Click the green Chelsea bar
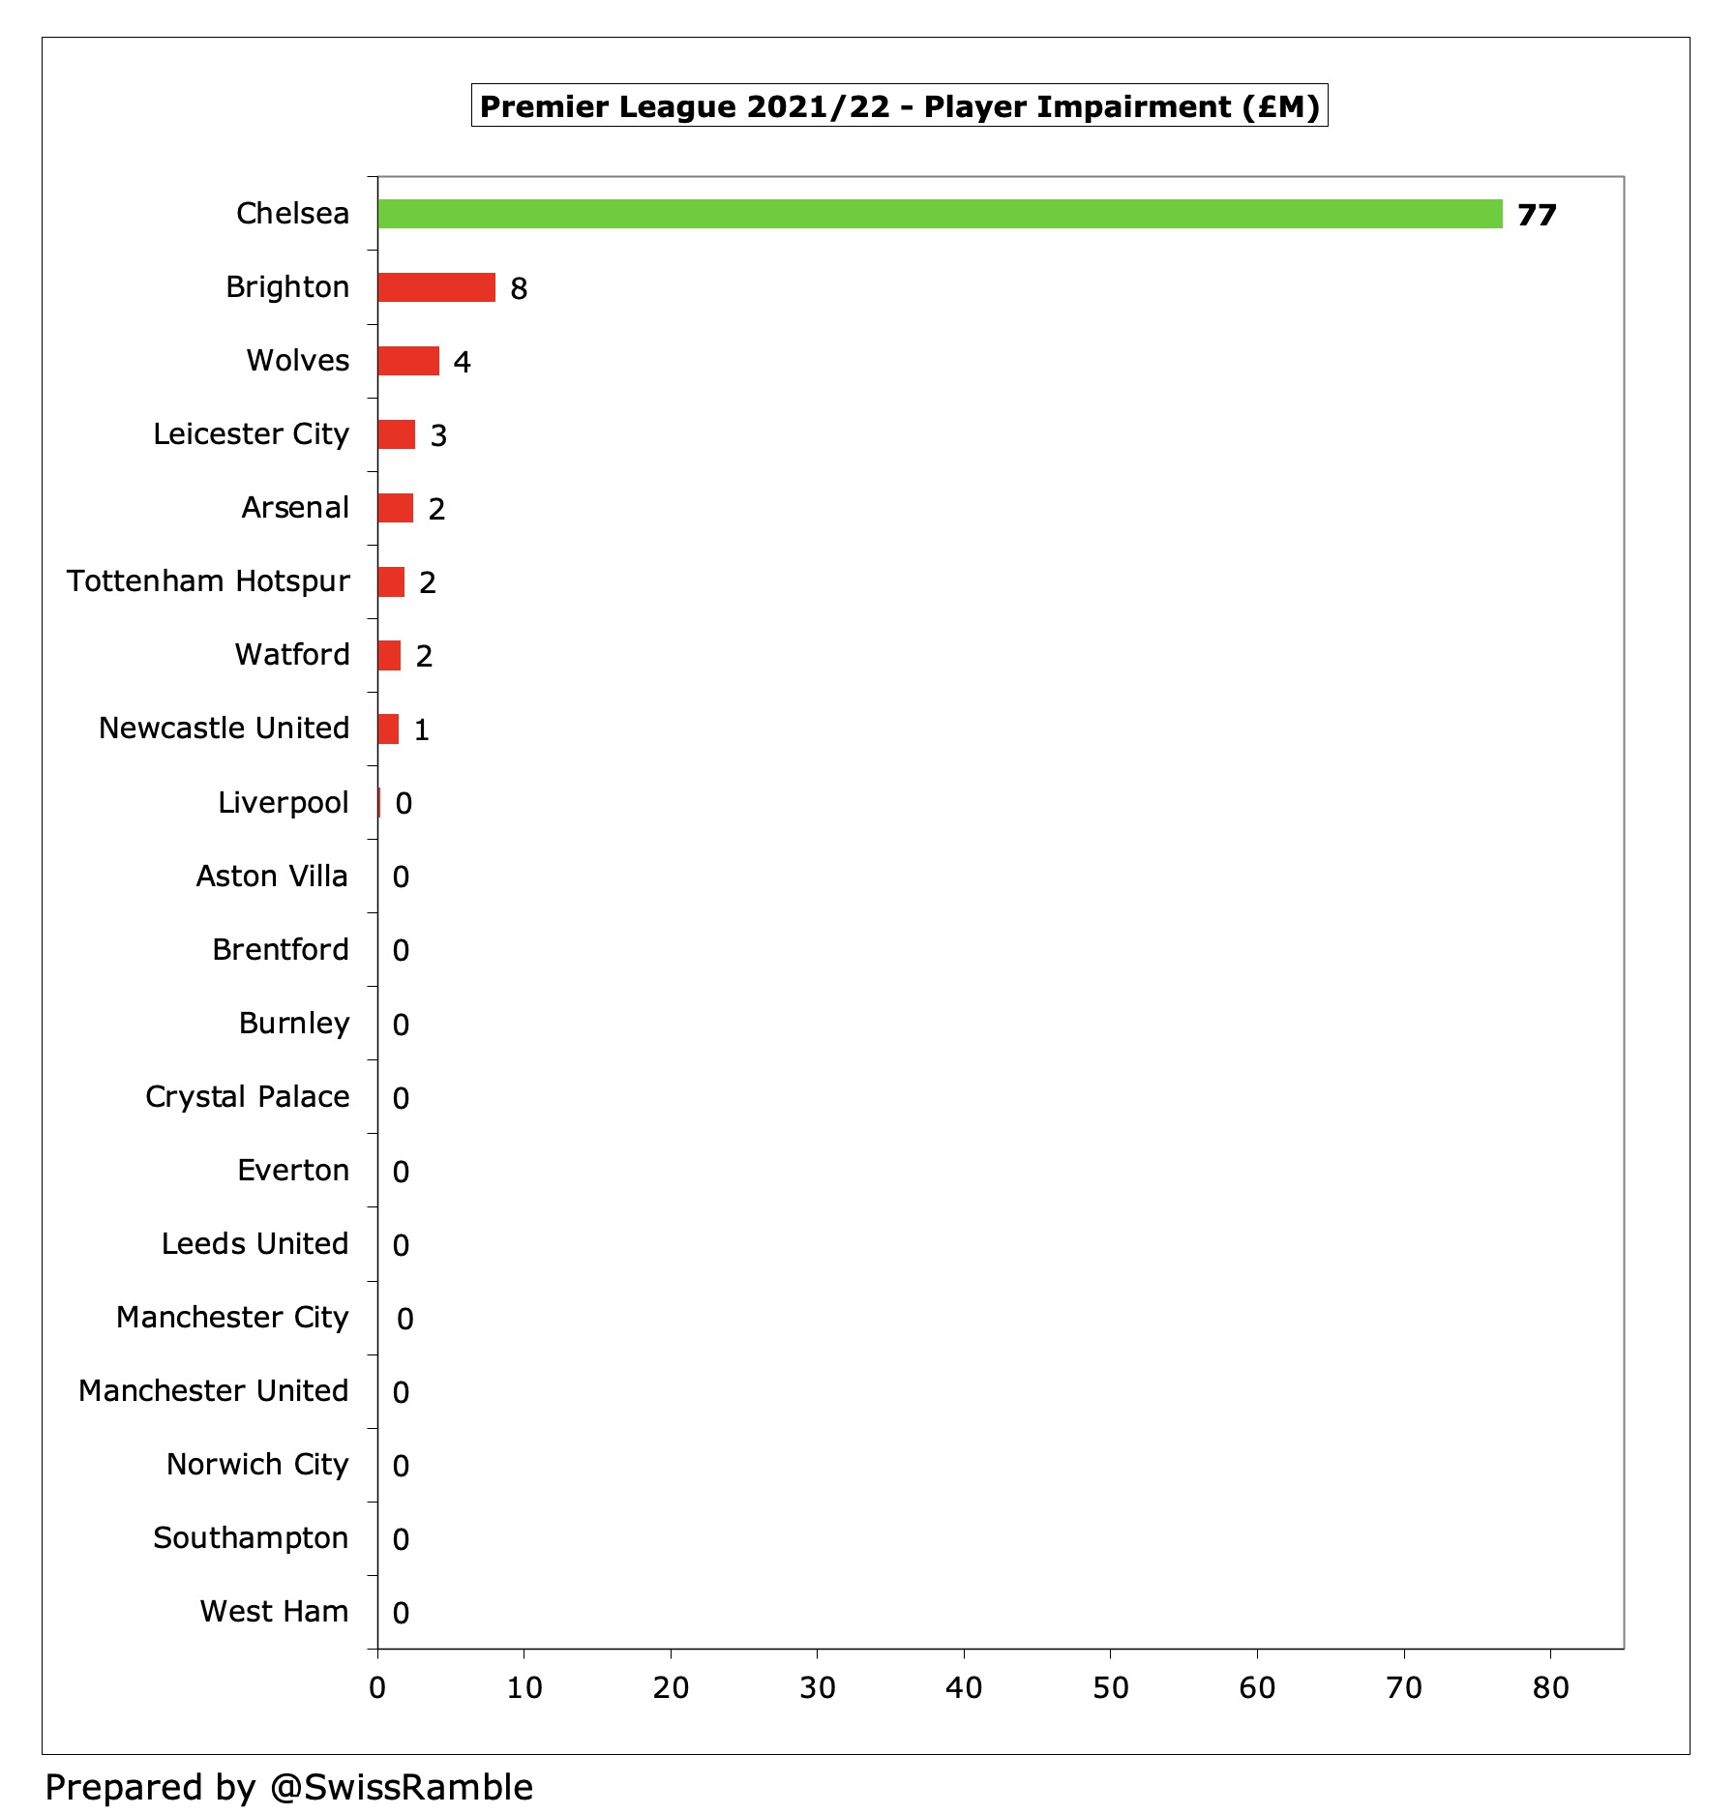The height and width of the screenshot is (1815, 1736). point(939,214)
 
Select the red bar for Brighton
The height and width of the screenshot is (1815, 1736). point(436,287)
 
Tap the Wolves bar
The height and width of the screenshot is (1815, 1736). point(408,361)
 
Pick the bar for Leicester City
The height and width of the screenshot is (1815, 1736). point(397,434)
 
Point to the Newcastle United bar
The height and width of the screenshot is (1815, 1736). point(388,729)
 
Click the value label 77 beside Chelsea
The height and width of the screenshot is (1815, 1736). point(1537,215)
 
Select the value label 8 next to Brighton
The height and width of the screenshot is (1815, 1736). point(519,288)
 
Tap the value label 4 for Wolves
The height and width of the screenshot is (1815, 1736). point(462,362)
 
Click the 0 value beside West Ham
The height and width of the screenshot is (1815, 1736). point(401,1613)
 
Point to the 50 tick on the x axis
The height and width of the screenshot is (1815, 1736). point(1110,1687)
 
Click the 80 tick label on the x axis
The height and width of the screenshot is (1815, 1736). point(1550,1687)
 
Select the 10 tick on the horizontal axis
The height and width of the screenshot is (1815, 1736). point(524,1687)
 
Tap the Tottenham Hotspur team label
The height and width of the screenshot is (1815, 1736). point(208,580)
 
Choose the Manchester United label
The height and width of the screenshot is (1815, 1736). point(213,1390)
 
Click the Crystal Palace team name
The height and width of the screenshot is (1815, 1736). point(247,1096)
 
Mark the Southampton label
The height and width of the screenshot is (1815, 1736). point(251,1537)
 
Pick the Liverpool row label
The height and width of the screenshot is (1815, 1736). point(283,802)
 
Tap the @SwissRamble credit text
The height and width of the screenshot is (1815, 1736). point(401,1787)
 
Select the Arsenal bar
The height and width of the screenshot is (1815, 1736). point(395,508)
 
